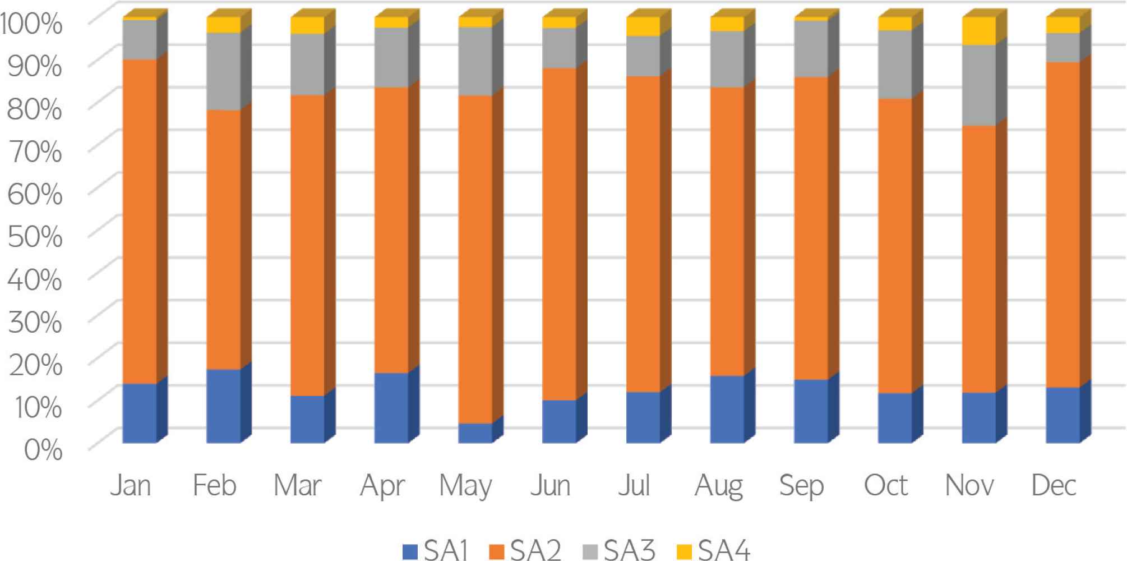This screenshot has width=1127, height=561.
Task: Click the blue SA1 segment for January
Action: pyautogui.click(x=140, y=413)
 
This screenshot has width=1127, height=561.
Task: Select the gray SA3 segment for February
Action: pyautogui.click(x=224, y=71)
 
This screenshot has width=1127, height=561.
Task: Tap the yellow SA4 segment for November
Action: pyautogui.click(x=979, y=31)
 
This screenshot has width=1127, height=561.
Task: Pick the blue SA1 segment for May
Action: pyautogui.click(x=475, y=433)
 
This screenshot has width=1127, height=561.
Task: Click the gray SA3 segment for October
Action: pyautogui.click(x=895, y=64)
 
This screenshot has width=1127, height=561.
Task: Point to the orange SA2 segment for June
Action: pyautogui.click(x=559, y=233)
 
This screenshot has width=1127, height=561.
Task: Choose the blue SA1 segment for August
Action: pyautogui.click(x=727, y=409)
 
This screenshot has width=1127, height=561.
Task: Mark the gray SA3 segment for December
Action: pyautogui.click(x=1063, y=47)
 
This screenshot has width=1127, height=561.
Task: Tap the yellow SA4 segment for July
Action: pyautogui.click(x=643, y=26)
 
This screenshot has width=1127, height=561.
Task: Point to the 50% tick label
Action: pyautogui.click(x=35, y=236)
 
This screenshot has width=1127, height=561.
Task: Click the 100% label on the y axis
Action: pyautogui.click(x=31, y=24)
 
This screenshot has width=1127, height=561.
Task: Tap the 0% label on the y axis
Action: pyautogui.click(x=43, y=449)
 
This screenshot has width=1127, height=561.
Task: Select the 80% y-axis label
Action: pyautogui.click(x=35, y=108)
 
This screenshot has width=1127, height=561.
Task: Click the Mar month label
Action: pyautogui.click(x=298, y=485)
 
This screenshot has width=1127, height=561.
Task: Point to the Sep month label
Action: pyautogui.click(x=801, y=486)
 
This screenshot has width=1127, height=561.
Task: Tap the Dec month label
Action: pyautogui.click(x=1054, y=485)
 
